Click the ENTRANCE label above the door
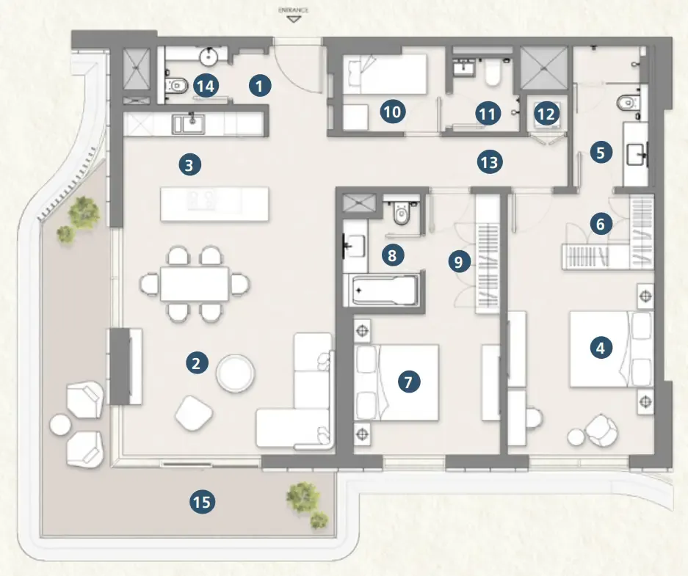pyautogui.click(x=294, y=10)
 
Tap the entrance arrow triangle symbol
pyautogui.click(x=294, y=19)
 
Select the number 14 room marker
pyautogui.click(x=206, y=86)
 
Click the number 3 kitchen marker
pyautogui.click(x=189, y=165)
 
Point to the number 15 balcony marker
pyautogui.click(x=202, y=501)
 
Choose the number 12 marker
pyautogui.click(x=546, y=114)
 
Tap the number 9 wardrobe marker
pyautogui.click(x=459, y=262)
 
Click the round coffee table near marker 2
pyautogui.click(x=235, y=373)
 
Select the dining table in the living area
pyautogui.click(x=195, y=284)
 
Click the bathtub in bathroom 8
pyautogui.click(x=385, y=290)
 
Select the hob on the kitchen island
pyautogui.click(x=201, y=199)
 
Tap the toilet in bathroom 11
pyautogui.click(x=493, y=73)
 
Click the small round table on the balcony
pyautogui.click(x=60, y=424)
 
